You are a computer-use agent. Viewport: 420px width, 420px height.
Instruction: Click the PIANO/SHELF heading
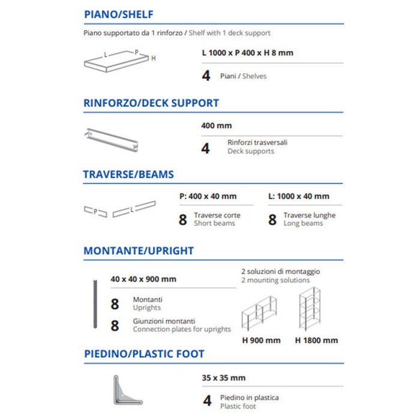(x=119, y=15)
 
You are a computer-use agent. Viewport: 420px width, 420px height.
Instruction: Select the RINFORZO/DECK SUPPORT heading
(x=151, y=103)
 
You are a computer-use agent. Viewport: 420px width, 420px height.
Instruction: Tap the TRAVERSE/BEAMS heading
(x=128, y=175)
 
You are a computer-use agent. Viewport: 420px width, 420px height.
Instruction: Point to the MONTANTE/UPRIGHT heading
(x=138, y=251)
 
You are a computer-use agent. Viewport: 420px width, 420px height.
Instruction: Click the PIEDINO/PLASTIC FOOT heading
(x=144, y=354)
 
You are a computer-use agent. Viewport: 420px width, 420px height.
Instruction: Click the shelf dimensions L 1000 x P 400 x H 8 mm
(x=248, y=53)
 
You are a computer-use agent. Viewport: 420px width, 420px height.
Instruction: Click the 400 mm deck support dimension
(x=216, y=126)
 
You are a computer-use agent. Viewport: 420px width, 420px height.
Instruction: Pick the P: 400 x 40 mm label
(x=208, y=196)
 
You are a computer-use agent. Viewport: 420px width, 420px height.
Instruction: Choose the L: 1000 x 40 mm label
(x=298, y=196)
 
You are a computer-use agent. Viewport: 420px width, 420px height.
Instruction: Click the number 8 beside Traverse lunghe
(x=272, y=220)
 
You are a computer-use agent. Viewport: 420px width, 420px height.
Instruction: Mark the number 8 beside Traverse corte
(x=183, y=220)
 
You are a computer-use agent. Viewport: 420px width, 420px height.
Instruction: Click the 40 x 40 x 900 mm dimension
(x=143, y=279)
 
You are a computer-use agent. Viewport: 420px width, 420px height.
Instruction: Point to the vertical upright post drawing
(x=94, y=304)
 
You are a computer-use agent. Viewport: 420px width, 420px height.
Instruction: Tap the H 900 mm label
(x=261, y=340)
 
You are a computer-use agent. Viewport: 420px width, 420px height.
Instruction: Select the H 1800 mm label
(x=316, y=340)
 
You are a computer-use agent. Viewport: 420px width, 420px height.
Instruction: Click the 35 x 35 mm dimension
(x=224, y=378)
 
